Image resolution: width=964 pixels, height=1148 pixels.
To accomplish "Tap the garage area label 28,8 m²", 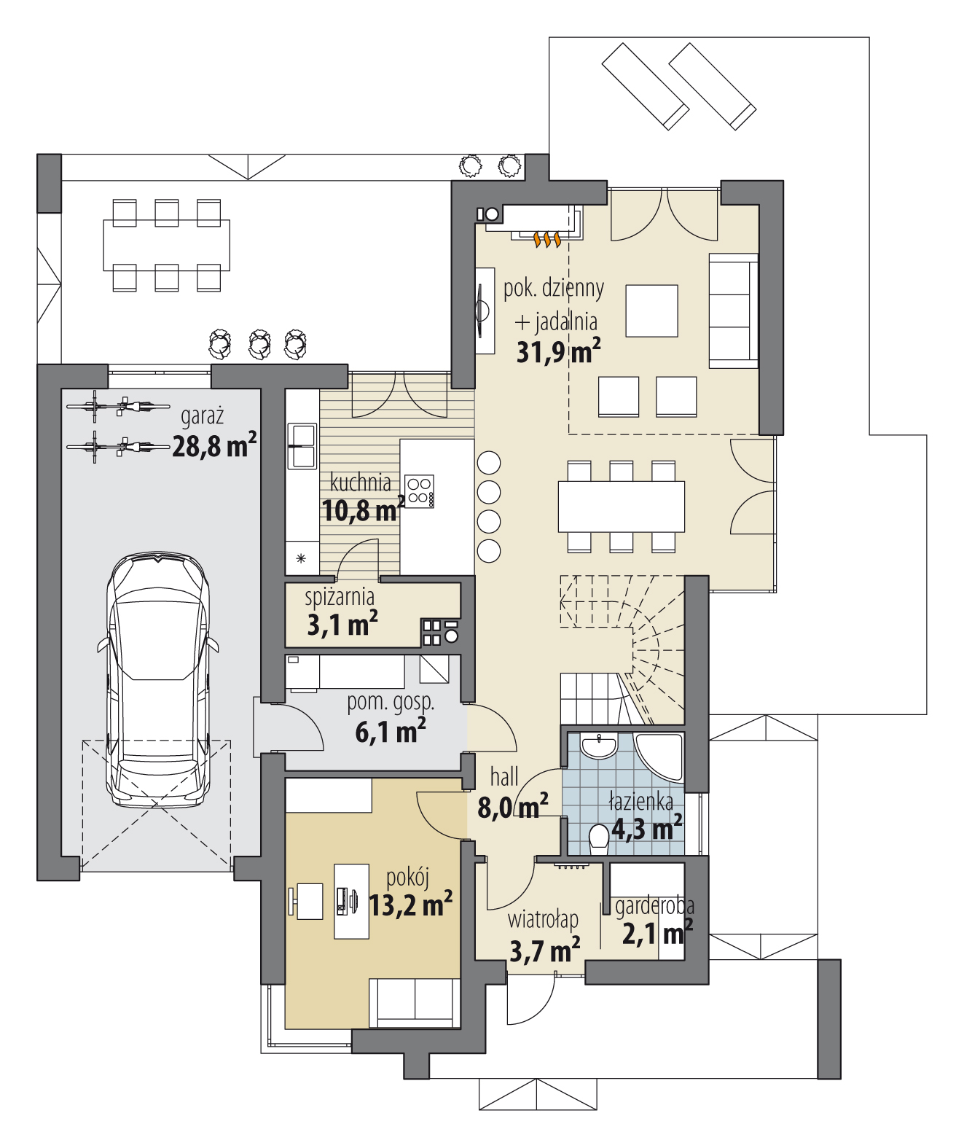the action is pyautogui.click(x=214, y=445).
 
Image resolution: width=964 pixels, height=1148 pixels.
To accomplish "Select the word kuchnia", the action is pyautogui.click(x=361, y=483).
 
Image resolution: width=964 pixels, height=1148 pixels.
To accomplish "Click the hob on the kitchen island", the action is pyautogui.click(x=420, y=491).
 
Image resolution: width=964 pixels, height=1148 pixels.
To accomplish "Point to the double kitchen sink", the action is pyautogui.click(x=302, y=446).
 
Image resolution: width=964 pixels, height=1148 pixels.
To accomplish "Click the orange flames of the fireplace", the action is pyautogui.click(x=547, y=238).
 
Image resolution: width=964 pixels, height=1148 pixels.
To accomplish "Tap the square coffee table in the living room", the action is pyautogui.click(x=651, y=311).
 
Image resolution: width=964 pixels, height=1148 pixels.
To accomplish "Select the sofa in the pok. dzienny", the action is pyautogui.click(x=734, y=311).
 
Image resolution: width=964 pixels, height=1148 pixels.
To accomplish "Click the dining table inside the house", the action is pyautogui.click(x=621, y=507).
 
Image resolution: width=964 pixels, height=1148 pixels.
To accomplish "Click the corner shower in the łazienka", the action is pyautogui.click(x=659, y=757).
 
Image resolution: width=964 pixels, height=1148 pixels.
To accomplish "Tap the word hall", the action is pyautogui.click(x=504, y=777).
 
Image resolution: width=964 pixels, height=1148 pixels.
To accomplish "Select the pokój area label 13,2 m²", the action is pyautogui.click(x=410, y=905).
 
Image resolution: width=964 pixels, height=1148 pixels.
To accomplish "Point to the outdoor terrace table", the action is pyautogui.click(x=167, y=245).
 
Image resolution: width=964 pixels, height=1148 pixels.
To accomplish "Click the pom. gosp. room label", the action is pyautogui.click(x=391, y=703).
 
